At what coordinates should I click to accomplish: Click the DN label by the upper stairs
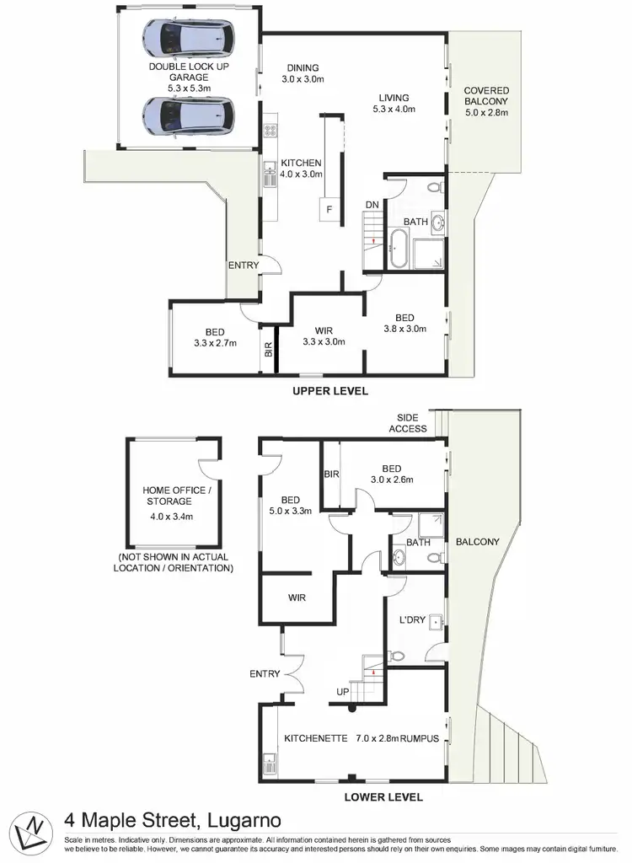(372, 205)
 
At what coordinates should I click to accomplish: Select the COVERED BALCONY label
(485, 100)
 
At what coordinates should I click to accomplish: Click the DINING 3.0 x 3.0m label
(303, 74)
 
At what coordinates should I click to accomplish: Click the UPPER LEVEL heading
(330, 391)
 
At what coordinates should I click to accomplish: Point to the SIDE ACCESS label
(408, 423)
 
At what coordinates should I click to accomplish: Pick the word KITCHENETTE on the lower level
(316, 738)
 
